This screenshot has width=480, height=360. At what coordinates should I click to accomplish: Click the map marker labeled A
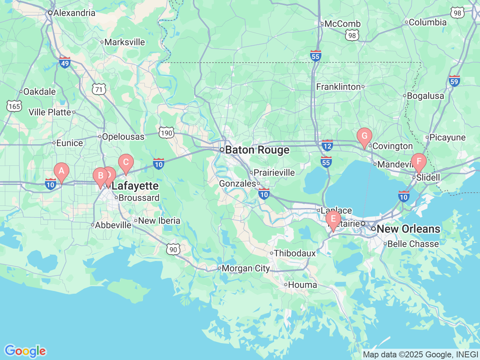click(x=61, y=172)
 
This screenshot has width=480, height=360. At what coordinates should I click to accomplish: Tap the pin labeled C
click(x=126, y=162)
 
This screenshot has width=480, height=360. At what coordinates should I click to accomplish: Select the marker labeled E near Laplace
click(x=333, y=219)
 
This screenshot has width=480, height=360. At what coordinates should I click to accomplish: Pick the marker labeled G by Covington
click(x=364, y=136)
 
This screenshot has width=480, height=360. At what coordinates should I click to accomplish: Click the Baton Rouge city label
click(x=257, y=150)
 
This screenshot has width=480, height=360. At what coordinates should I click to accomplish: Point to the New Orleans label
click(x=408, y=229)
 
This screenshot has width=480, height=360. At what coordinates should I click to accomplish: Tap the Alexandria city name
click(x=74, y=13)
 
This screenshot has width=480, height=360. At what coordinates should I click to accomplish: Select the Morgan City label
click(x=246, y=268)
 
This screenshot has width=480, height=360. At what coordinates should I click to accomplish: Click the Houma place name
click(x=302, y=285)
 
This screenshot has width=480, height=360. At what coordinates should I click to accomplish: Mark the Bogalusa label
click(x=425, y=96)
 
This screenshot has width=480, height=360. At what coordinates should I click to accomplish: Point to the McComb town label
click(x=342, y=24)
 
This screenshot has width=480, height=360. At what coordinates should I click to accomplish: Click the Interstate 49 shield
click(x=65, y=63)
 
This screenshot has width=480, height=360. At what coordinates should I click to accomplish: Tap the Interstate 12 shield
click(x=327, y=145)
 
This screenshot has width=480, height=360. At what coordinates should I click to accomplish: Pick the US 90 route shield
click(x=173, y=249)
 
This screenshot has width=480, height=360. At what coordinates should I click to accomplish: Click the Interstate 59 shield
click(x=454, y=81)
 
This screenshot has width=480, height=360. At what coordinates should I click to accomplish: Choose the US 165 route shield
click(x=14, y=106)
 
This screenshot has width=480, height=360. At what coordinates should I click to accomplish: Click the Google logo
click(x=25, y=351)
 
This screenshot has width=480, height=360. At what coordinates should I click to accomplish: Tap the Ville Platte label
click(x=50, y=112)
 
